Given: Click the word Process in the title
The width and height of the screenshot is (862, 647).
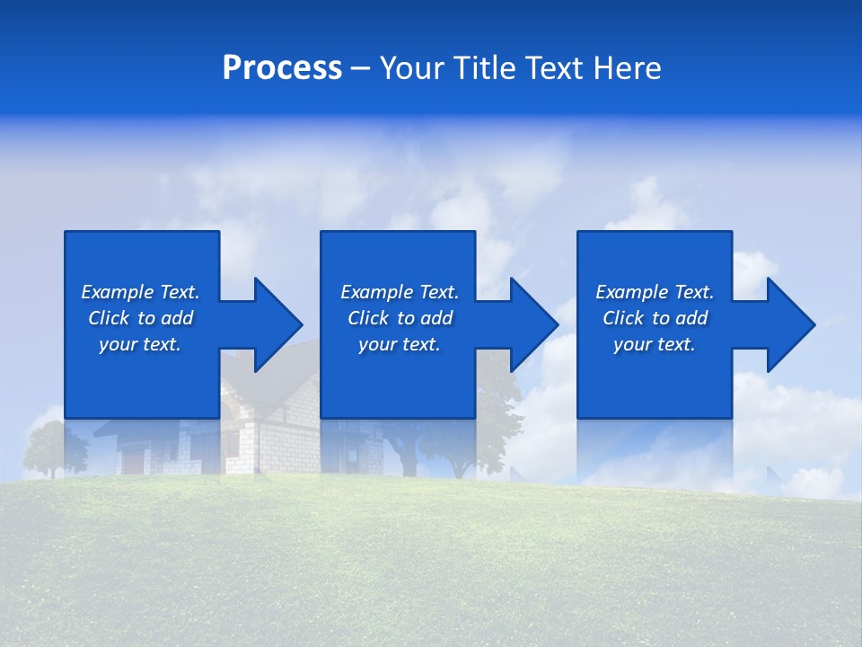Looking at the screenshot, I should [x=282, y=68].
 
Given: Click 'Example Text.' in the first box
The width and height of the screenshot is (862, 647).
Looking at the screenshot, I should [x=140, y=292].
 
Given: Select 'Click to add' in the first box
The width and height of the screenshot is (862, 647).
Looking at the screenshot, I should [x=140, y=318].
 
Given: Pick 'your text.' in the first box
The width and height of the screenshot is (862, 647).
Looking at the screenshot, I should [x=140, y=344].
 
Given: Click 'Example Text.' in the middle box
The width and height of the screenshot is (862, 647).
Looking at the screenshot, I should [x=399, y=292].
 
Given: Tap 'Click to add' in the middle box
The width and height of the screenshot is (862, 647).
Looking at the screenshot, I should [x=399, y=318].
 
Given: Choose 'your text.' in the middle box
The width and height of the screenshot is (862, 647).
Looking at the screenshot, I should [x=399, y=344].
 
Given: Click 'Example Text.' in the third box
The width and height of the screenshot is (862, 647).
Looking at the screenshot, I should [x=654, y=292].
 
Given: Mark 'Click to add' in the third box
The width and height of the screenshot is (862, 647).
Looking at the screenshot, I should [x=654, y=318].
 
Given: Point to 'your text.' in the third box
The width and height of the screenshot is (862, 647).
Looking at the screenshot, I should [x=654, y=344].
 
